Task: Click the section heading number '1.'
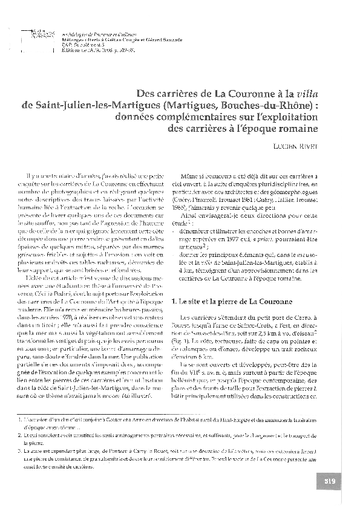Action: (175, 300)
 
